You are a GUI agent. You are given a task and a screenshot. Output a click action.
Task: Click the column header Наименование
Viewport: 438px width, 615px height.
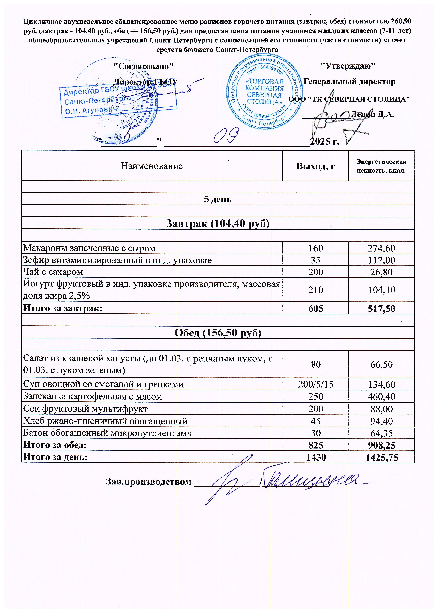(x=152, y=166)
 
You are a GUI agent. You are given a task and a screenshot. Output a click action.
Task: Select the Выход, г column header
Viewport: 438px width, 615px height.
(x=315, y=166)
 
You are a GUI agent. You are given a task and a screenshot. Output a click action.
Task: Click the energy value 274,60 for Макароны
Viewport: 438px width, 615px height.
(x=381, y=248)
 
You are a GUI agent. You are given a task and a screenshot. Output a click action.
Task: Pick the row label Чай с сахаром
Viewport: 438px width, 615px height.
(x=53, y=272)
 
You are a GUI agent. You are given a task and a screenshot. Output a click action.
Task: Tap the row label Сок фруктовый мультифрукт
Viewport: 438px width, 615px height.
(x=85, y=409)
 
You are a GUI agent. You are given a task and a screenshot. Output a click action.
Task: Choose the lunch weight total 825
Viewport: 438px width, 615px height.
(x=316, y=445)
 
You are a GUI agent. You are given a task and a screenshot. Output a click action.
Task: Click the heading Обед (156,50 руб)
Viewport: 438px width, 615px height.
(x=218, y=333)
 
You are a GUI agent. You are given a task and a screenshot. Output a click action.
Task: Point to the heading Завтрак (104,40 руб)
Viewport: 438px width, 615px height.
(x=217, y=223)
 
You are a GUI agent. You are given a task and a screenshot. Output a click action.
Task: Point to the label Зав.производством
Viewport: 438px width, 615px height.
(x=149, y=481)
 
